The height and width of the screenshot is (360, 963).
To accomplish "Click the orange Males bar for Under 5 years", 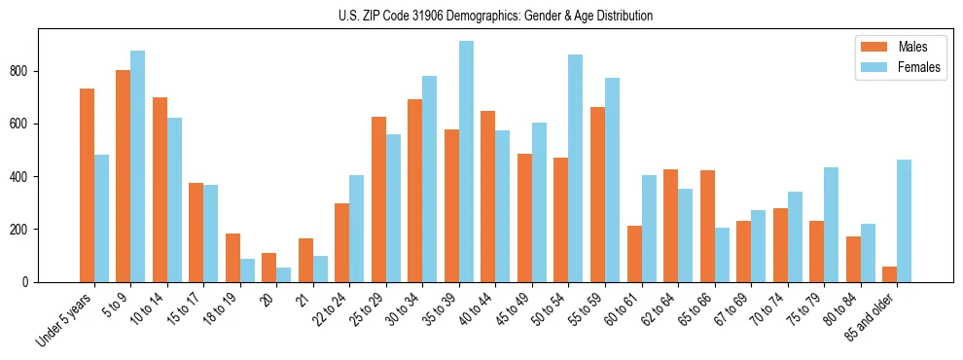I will [87, 185].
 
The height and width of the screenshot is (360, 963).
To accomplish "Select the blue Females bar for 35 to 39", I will [466, 162].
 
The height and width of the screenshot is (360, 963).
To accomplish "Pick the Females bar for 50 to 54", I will [576, 168].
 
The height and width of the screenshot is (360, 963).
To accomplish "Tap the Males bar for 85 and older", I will [889, 274].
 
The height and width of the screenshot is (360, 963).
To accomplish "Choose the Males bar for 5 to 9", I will [123, 176].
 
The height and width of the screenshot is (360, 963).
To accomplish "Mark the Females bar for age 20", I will [283, 274].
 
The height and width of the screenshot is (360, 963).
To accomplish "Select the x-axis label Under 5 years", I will [66, 318].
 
